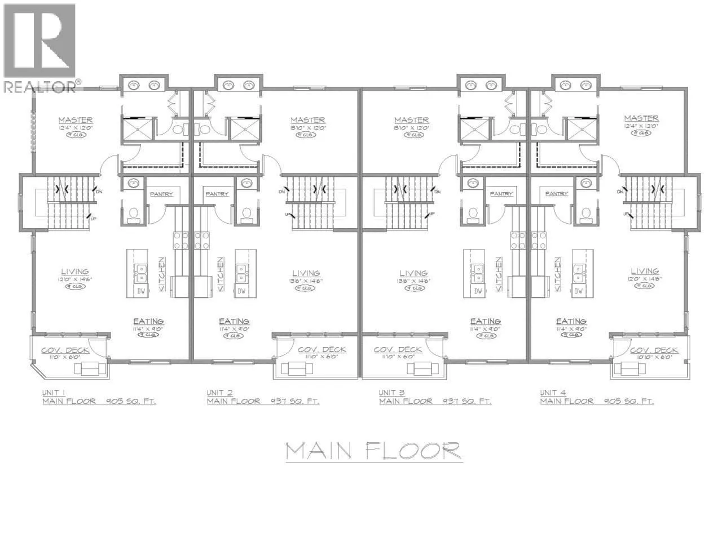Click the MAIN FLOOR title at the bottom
click(x=373, y=451)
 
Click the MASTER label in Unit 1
click(x=76, y=120)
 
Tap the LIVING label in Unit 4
click(x=645, y=271)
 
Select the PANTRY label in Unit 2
click(x=217, y=194)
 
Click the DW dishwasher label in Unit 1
click(x=141, y=291)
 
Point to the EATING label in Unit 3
click(x=485, y=321)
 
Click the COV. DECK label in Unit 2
click(x=321, y=350)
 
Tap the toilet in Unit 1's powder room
click(x=134, y=214)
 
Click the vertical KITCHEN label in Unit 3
click(x=499, y=274)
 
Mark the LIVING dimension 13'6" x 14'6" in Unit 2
click(x=306, y=280)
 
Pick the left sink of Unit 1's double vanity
click(x=134, y=85)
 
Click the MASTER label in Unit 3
click(x=411, y=120)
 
